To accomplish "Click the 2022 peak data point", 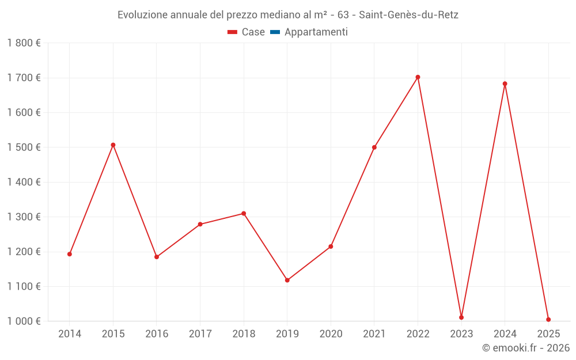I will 418,77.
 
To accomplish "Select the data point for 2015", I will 113,145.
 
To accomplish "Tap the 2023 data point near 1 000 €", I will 461,317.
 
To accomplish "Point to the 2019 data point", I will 287,281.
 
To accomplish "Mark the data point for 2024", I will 505,84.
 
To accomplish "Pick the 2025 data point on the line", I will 548,320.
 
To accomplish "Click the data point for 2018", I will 244,214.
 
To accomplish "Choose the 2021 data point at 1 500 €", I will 374,147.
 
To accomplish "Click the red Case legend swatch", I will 233,32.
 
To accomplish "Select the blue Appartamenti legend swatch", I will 275,32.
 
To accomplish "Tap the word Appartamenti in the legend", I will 316,32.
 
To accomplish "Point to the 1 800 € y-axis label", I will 24,43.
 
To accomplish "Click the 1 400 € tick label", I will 24,182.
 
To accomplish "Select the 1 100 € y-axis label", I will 24,286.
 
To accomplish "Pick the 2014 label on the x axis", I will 70,334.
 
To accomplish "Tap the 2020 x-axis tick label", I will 331,334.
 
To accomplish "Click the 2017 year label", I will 200,334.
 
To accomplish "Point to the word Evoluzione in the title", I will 142,15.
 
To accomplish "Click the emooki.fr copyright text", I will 526,348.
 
